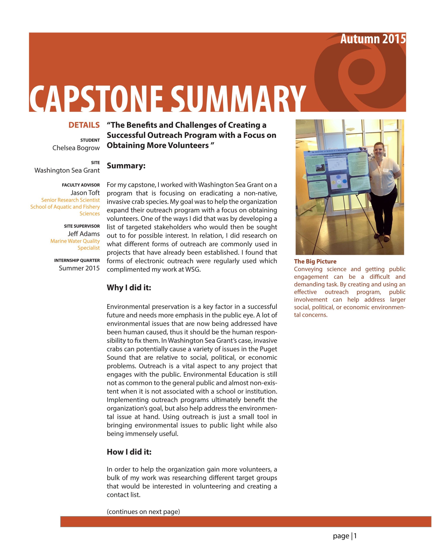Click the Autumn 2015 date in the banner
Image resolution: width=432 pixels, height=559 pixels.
[x=373, y=39]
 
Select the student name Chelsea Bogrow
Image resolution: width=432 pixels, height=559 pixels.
[x=76, y=148]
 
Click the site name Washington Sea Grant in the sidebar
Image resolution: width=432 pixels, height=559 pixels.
[x=67, y=171]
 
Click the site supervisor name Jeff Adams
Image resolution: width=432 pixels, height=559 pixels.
[x=83, y=234]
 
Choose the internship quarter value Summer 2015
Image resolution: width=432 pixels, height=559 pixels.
[x=79, y=268]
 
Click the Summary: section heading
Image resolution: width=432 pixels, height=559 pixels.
[x=126, y=166]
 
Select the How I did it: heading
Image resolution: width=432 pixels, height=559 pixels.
[x=129, y=452]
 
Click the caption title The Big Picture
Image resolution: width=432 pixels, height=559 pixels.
[x=315, y=261]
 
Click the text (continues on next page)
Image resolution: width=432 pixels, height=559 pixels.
[x=143, y=512]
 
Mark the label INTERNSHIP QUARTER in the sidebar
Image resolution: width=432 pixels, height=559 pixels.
[x=77, y=260]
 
